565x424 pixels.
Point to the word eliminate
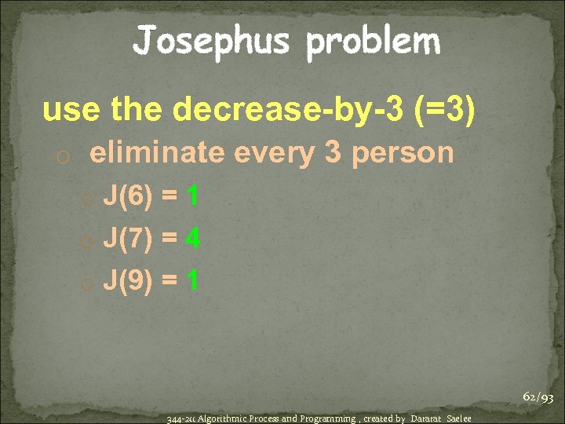(156, 152)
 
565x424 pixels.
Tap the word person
(403, 153)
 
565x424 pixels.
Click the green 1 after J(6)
(191, 196)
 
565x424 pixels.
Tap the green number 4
(192, 238)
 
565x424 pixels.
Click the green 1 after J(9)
(191, 280)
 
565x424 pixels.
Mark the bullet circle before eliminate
(64, 155)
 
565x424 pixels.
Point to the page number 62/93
(538, 398)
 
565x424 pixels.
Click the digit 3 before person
(332, 153)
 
